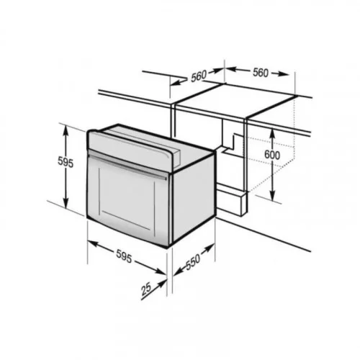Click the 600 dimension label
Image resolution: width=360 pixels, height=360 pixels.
pyautogui.click(x=272, y=155)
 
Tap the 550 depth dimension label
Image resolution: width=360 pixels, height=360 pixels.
pyautogui.click(x=193, y=262)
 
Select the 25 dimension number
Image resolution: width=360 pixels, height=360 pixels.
pyautogui.click(x=146, y=289)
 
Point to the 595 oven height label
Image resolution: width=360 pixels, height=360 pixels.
pyautogui.click(x=66, y=163)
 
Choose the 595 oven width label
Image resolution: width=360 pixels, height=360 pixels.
pyautogui.click(x=124, y=256)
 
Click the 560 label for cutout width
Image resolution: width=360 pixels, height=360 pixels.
pyautogui.click(x=261, y=73)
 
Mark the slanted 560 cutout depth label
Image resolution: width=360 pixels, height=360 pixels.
pyautogui.click(x=199, y=76)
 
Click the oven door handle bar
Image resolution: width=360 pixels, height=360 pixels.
pyautogui.click(x=127, y=165)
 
